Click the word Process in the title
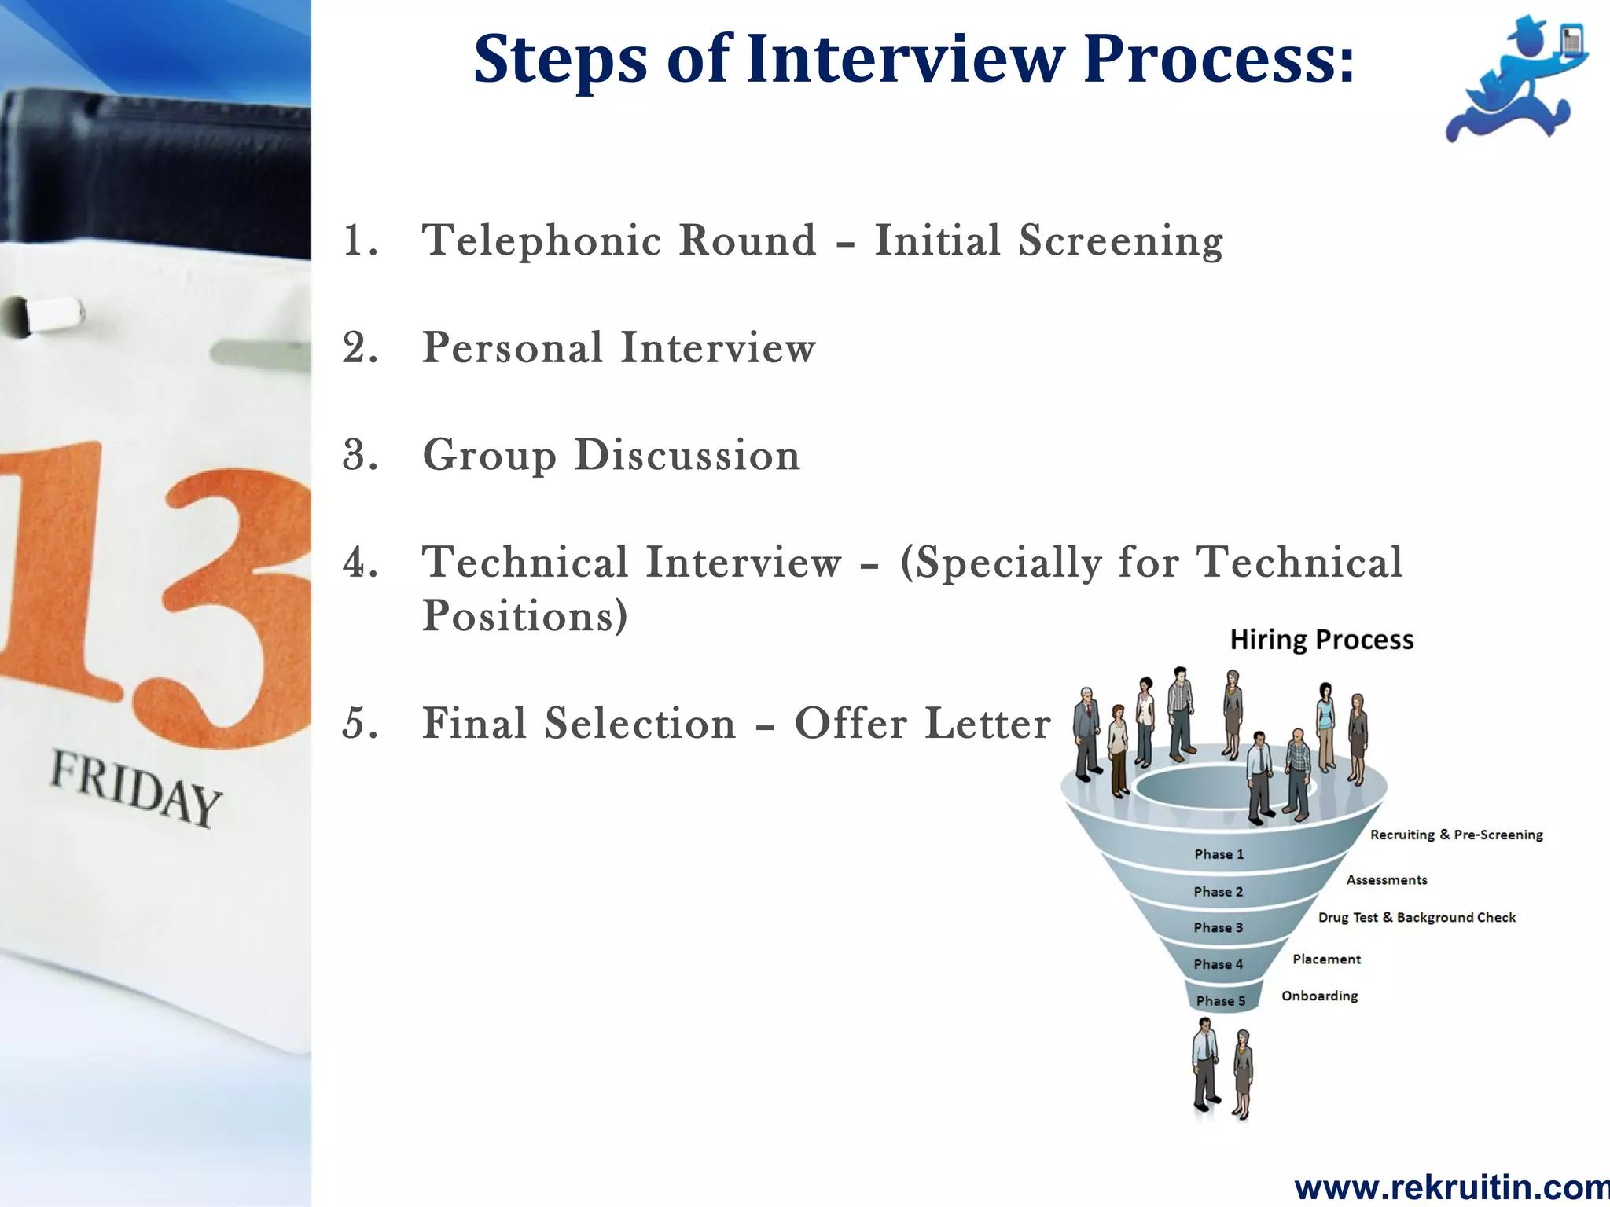1219,60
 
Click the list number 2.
359,347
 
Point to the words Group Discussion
611,456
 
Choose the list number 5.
359,723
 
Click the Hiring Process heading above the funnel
1321,640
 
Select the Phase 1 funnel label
1219,854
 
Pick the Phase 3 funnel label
1218,928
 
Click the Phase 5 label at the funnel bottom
1220,1001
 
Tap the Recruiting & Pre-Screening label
1456,835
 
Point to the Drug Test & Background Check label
1416,918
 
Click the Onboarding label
1319,996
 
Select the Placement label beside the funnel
1326,959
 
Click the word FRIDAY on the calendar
136,788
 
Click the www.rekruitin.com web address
1451,1187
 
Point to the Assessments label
1386,880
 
